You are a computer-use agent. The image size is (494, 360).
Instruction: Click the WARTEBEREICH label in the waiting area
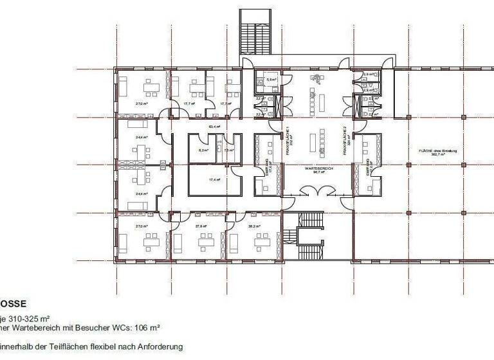click(x=315, y=168)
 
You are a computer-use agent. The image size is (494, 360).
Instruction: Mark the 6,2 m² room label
click(x=204, y=150)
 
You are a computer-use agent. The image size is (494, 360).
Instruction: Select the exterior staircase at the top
click(x=257, y=36)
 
